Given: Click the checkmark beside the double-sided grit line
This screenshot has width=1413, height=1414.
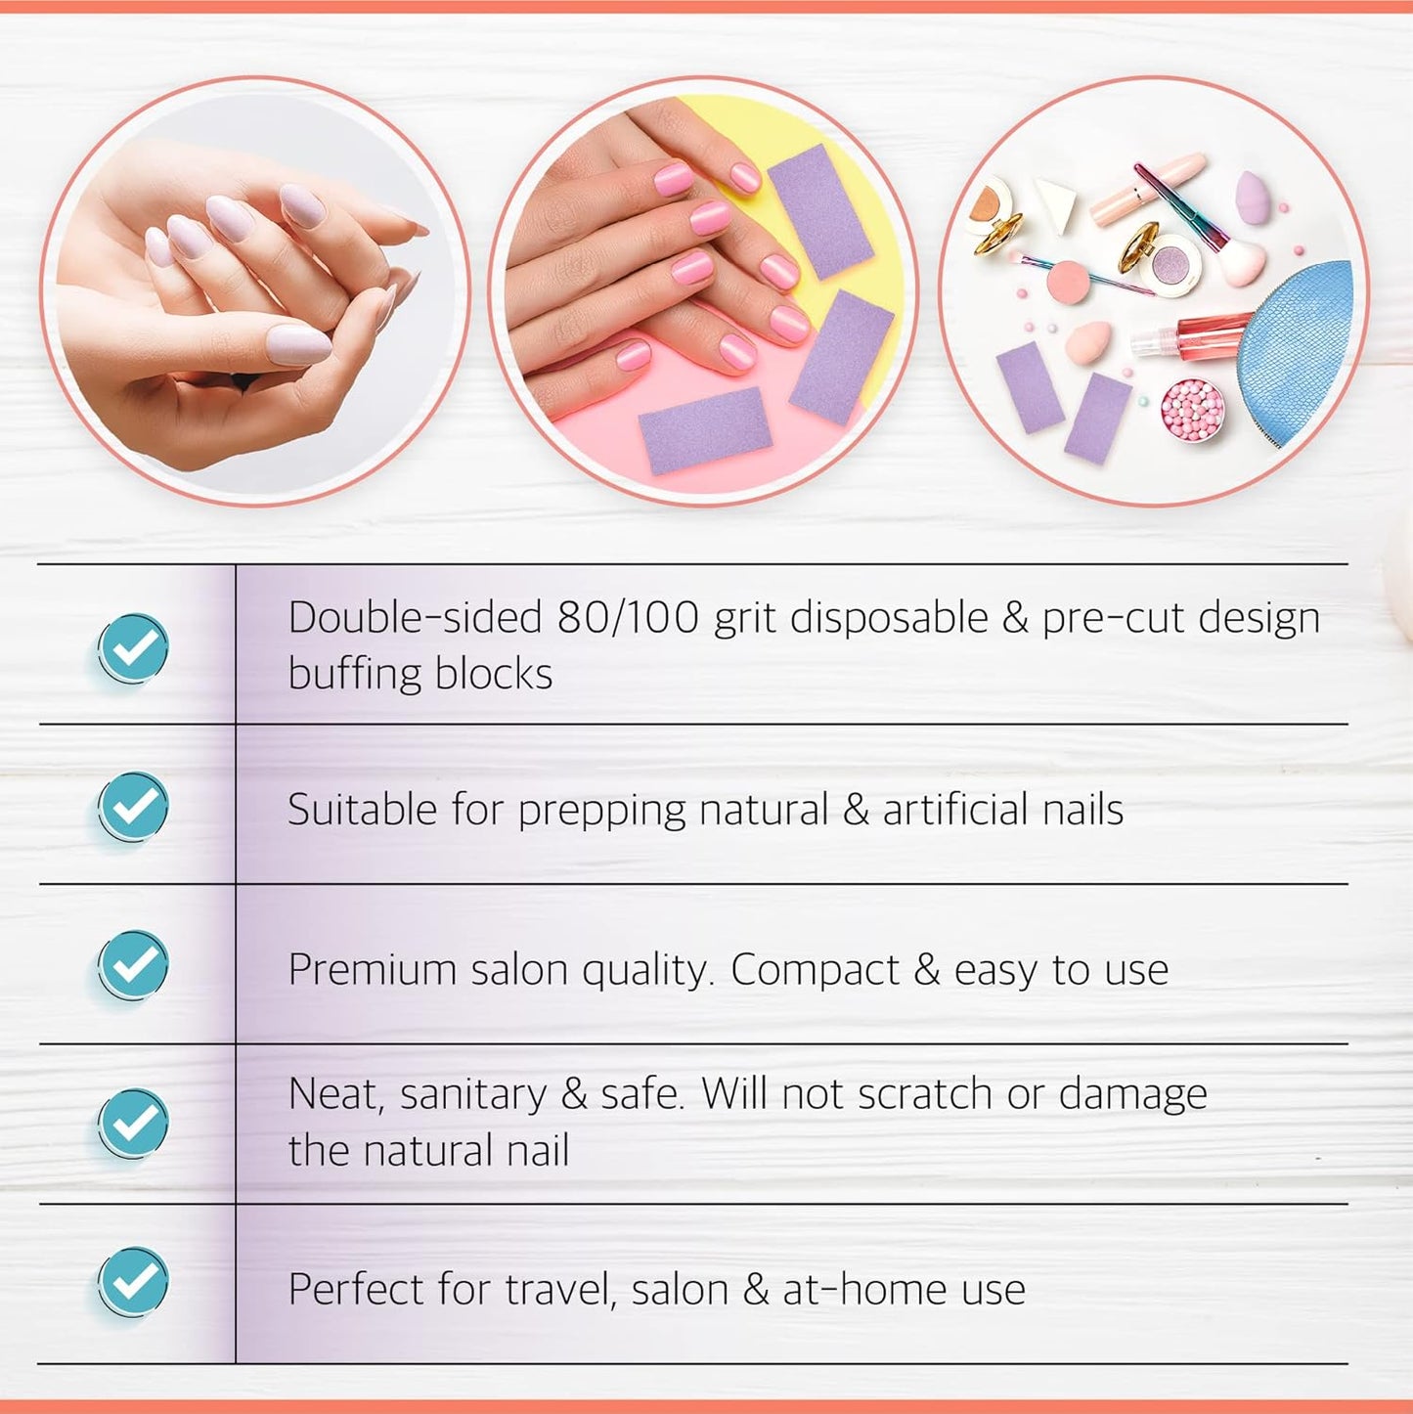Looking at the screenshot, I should click(x=133, y=646).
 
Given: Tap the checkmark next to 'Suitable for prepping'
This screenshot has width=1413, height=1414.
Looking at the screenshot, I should click(x=133, y=806).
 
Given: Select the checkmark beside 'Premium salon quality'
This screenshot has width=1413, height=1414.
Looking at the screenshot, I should click(x=133, y=965).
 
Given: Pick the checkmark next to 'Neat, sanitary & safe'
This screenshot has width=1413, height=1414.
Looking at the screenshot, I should click(x=133, y=1124).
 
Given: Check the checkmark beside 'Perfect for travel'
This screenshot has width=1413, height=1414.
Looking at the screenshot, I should click(x=133, y=1282).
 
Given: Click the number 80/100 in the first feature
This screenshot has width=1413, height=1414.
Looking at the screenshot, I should click(x=628, y=618).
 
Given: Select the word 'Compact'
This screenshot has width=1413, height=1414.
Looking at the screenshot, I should click(x=815, y=970).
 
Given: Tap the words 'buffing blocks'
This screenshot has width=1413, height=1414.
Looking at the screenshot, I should click(x=420, y=674).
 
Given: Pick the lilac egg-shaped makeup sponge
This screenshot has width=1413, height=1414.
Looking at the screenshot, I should click(x=1255, y=196).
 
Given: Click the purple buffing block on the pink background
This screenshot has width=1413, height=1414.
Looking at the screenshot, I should click(x=705, y=429).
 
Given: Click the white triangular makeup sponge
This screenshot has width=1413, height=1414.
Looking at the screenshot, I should click(x=1057, y=202).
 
